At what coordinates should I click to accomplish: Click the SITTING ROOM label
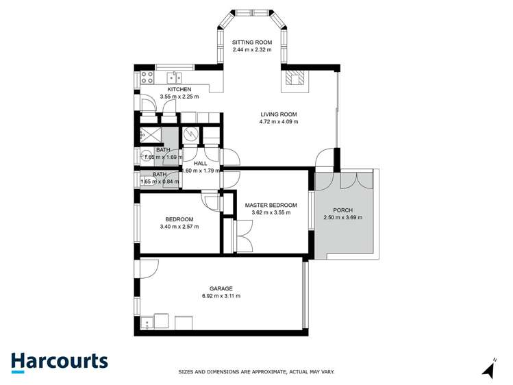point(251,42)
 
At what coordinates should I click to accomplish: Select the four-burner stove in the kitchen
point(146,77)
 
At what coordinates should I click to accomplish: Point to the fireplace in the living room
point(297,80)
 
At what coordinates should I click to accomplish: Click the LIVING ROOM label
point(278,114)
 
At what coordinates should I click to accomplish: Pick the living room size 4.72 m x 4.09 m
point(278,122)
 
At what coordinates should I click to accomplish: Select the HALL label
point(200,164)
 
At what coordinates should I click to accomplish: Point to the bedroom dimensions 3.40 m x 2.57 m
point(179,227)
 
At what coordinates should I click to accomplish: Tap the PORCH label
point(342,210)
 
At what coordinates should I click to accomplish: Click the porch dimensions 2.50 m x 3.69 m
point(342,218)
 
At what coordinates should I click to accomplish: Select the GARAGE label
point(221,288)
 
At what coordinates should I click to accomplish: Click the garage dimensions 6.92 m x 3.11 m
point(221,296)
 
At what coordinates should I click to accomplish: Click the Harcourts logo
point(59,362)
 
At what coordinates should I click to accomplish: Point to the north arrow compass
point(489,369)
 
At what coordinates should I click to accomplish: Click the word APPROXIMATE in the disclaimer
point(264,372)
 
